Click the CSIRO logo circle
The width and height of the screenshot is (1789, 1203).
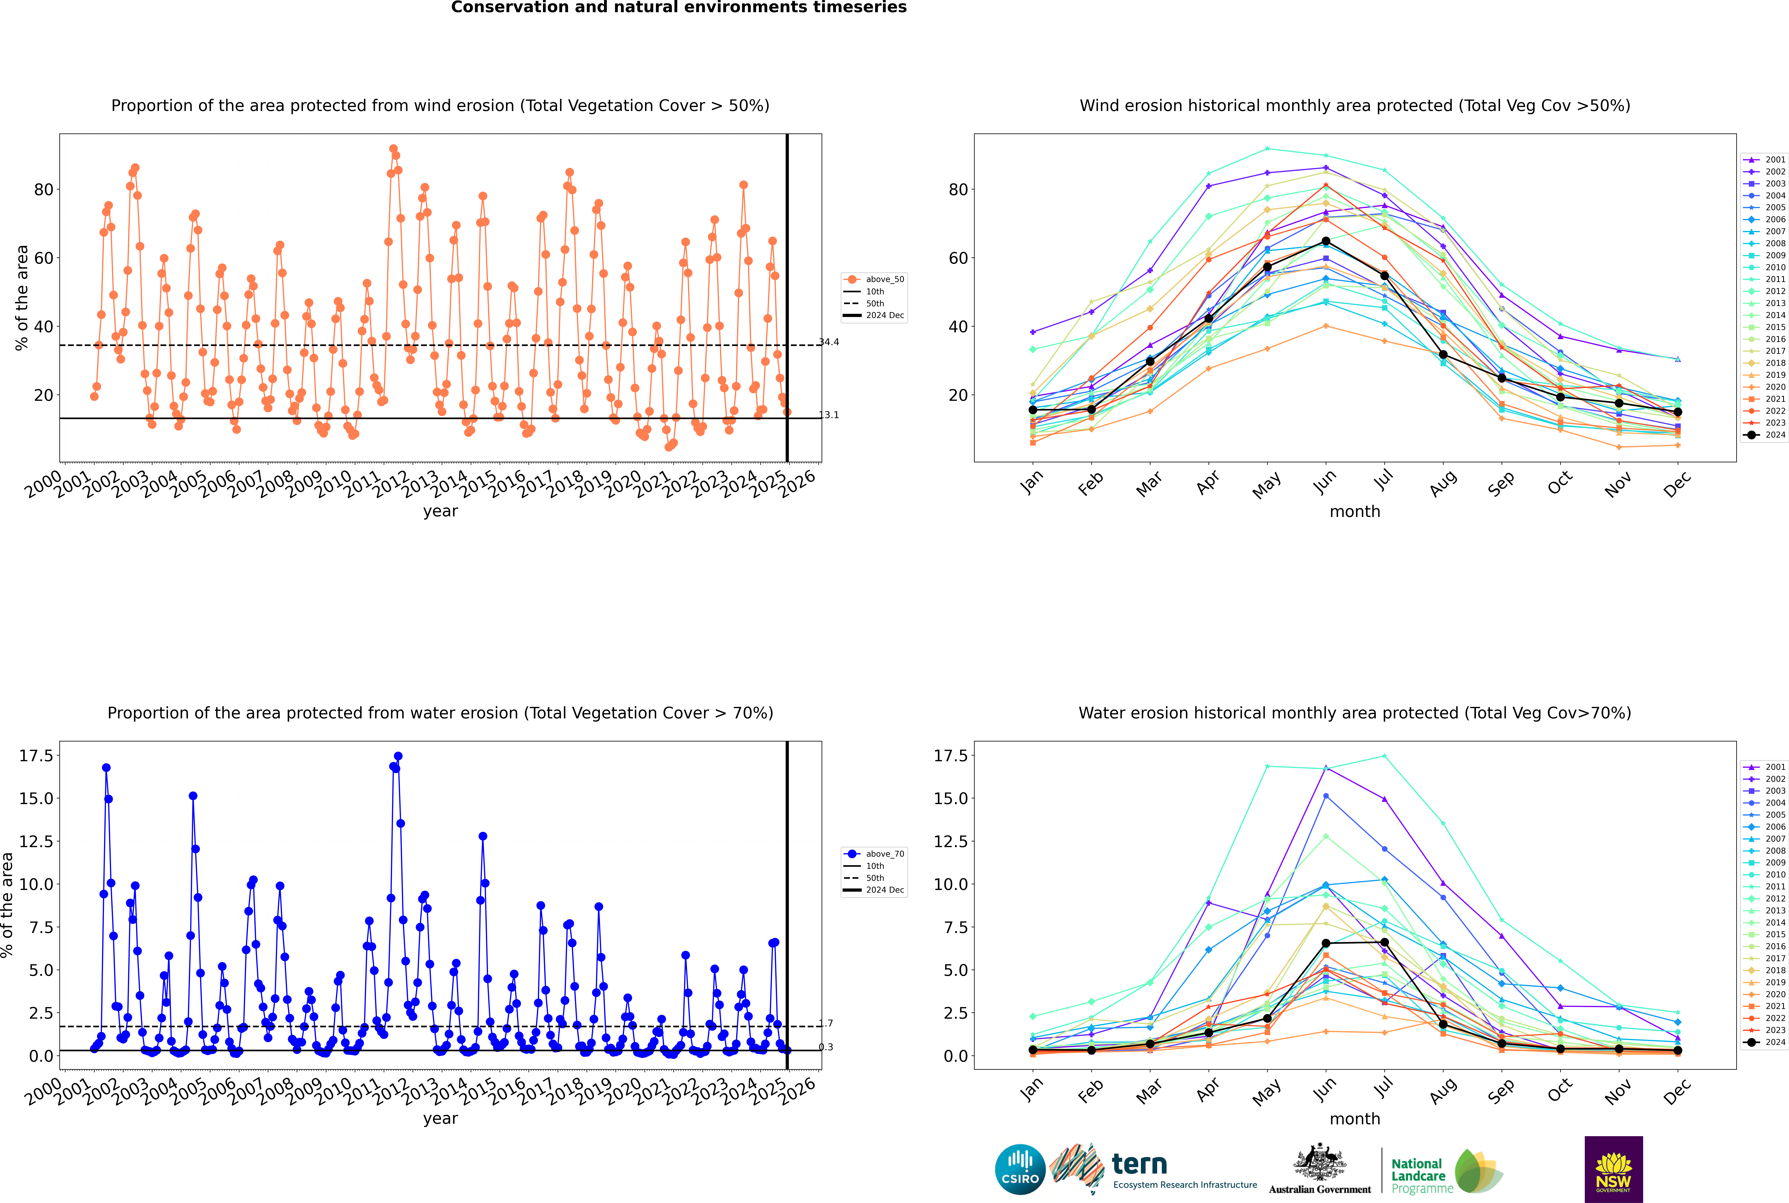click(x=1020, y=1169)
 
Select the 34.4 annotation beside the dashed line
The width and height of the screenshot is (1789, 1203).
click(x=829, y=342)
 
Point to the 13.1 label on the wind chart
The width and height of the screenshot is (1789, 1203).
click(x=829, y=415)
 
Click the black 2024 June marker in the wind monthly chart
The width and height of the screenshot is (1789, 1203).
click(x=1326, y=242)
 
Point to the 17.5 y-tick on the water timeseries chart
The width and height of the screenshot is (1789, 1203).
click(x=36, y=756)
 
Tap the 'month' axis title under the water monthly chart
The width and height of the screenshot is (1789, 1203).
click(x=1354, y=1119)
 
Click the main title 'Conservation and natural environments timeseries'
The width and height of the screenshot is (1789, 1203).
click(x=679, y=8)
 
